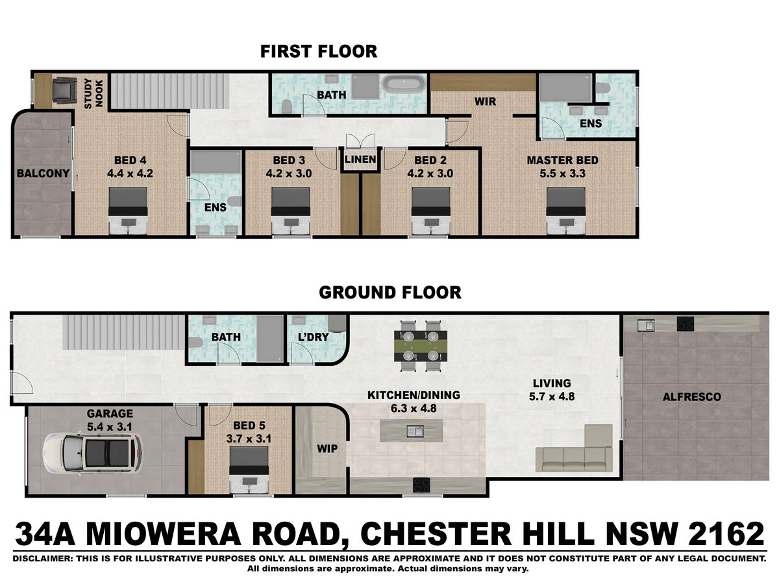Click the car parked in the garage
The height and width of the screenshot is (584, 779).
(x=93, y=454)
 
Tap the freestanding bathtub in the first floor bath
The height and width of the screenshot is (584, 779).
(x=404, y=85)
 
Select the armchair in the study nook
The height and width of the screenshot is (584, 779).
(x=64, y=90)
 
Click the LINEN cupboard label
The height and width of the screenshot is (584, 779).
(x=360, y=160)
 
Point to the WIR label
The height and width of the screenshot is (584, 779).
(x=485, y=102)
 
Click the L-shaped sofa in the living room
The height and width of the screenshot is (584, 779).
(x=575, y=448)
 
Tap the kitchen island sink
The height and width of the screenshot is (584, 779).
(x=415, y=431)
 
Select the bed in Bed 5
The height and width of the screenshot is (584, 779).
(x=249, y=470)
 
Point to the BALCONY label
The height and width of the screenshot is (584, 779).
(x=43, y=173)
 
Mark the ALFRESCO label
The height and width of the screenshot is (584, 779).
(x=692, y=396)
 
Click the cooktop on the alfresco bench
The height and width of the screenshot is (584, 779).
(x=685, y=324)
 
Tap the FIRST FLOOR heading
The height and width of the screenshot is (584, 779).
(x=319, y=51)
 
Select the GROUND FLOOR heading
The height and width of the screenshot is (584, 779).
(x=390, y=293)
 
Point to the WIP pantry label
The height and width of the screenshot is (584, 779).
(x=327, y=449)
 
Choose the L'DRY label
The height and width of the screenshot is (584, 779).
(x=314, y=337)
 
